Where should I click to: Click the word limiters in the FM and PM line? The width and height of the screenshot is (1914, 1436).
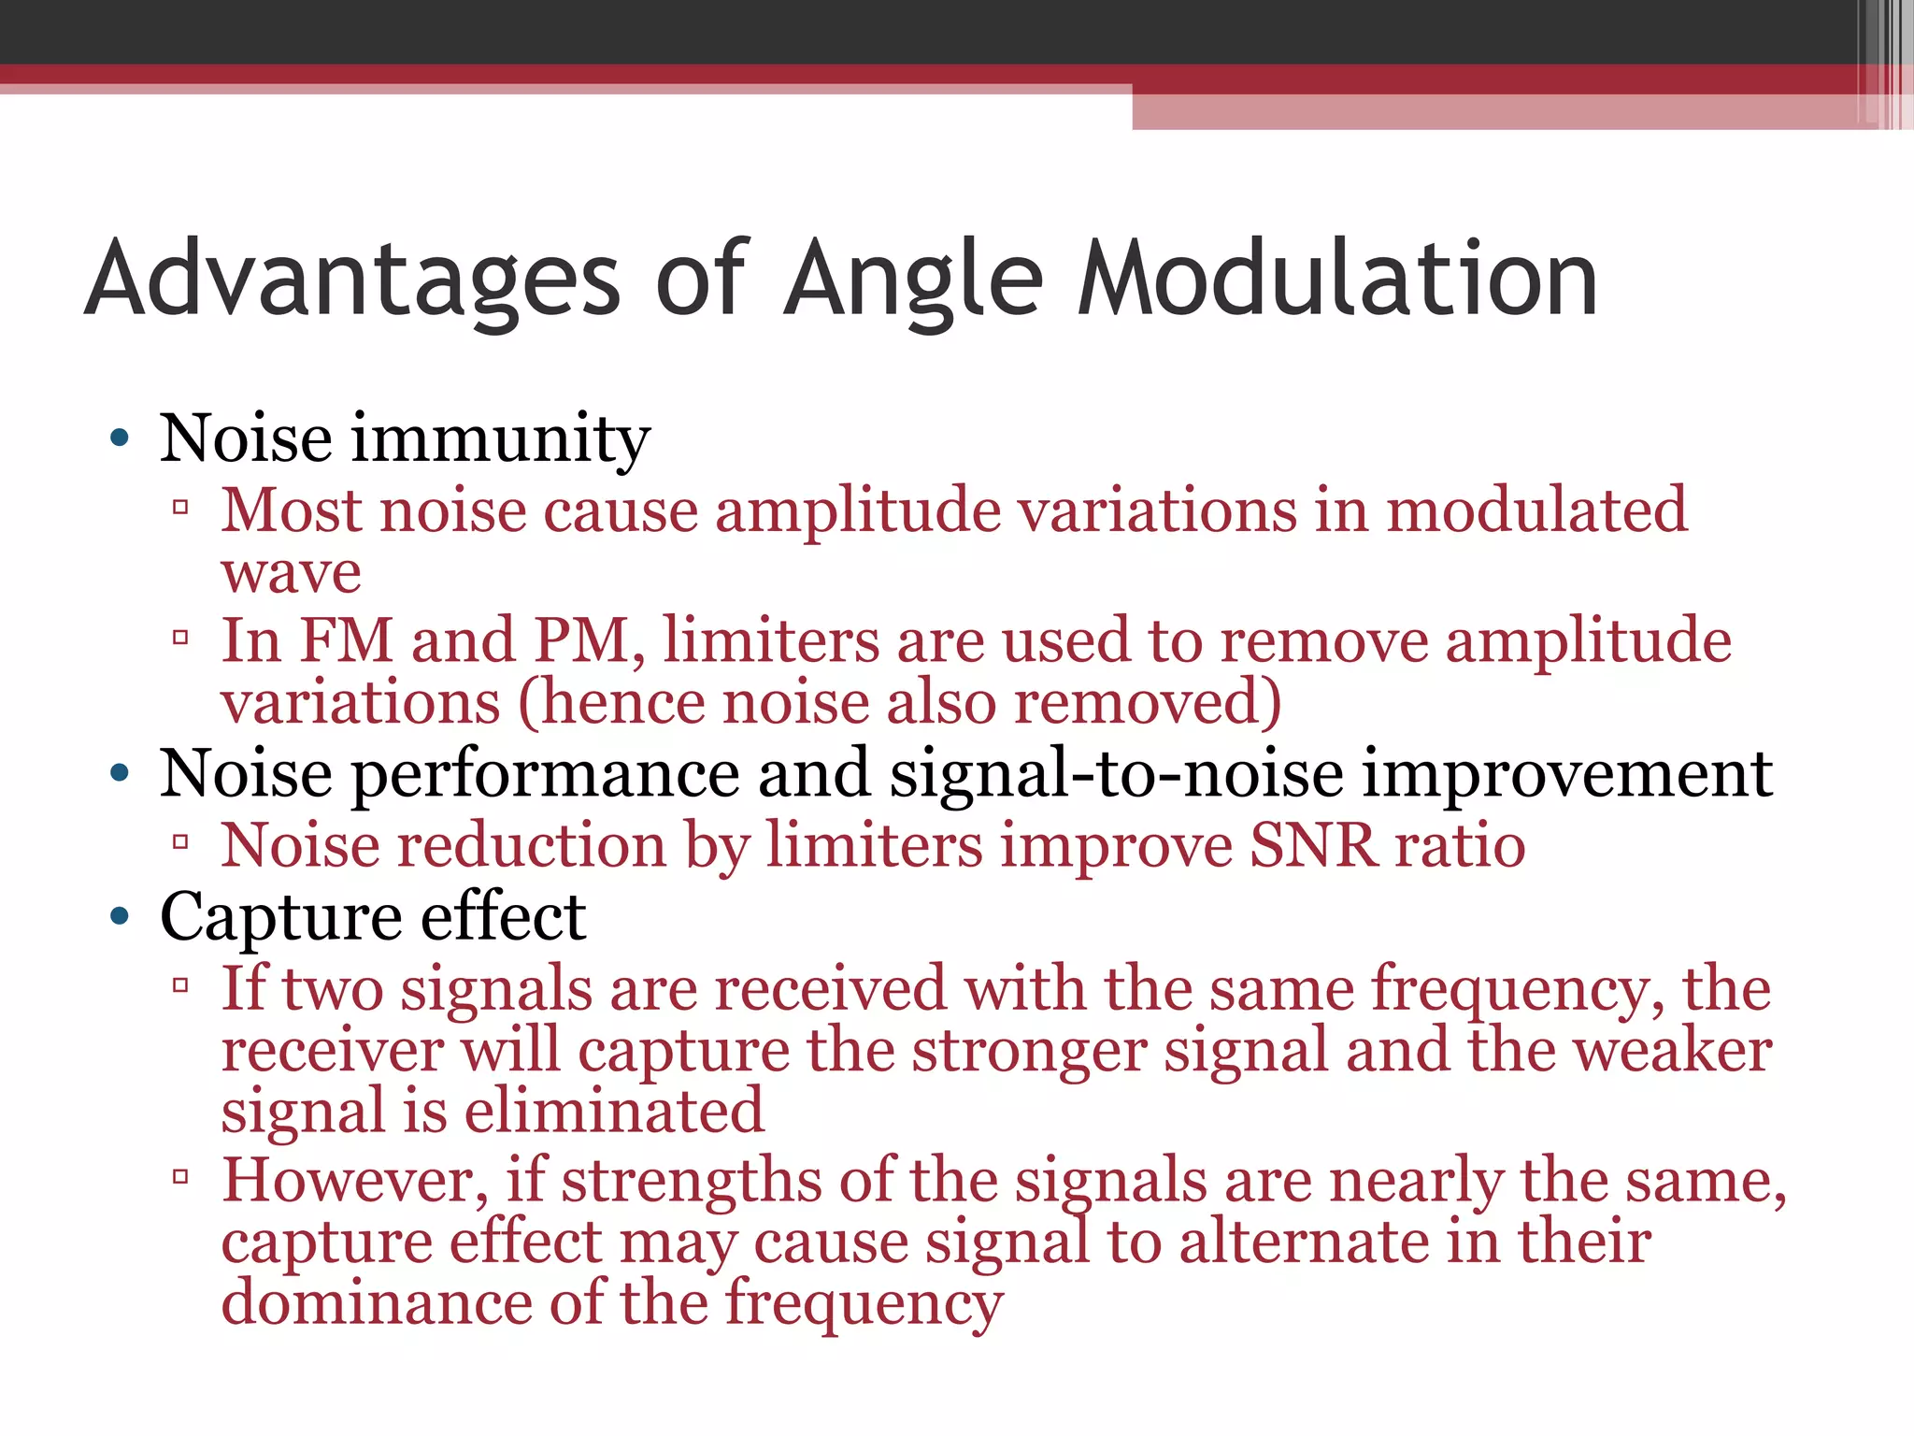(771, 641)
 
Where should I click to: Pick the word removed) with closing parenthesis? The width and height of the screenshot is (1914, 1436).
(1148, 703)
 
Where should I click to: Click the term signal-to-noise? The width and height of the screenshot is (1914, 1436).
(1116, 774)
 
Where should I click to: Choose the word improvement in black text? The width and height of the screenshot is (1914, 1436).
(1566, 774)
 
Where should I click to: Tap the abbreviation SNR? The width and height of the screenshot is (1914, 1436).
(1313, 845)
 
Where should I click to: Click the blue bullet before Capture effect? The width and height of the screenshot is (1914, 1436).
(119, 916)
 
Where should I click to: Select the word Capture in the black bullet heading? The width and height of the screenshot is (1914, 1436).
(281, 916)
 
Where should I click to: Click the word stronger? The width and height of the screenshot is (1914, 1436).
(1029, 1051)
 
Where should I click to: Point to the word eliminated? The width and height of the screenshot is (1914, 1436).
(614, 1111)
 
